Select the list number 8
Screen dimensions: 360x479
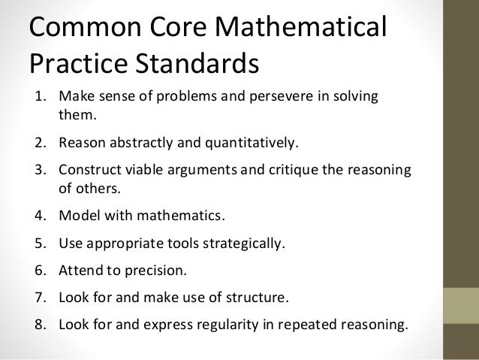click(35, 325)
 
